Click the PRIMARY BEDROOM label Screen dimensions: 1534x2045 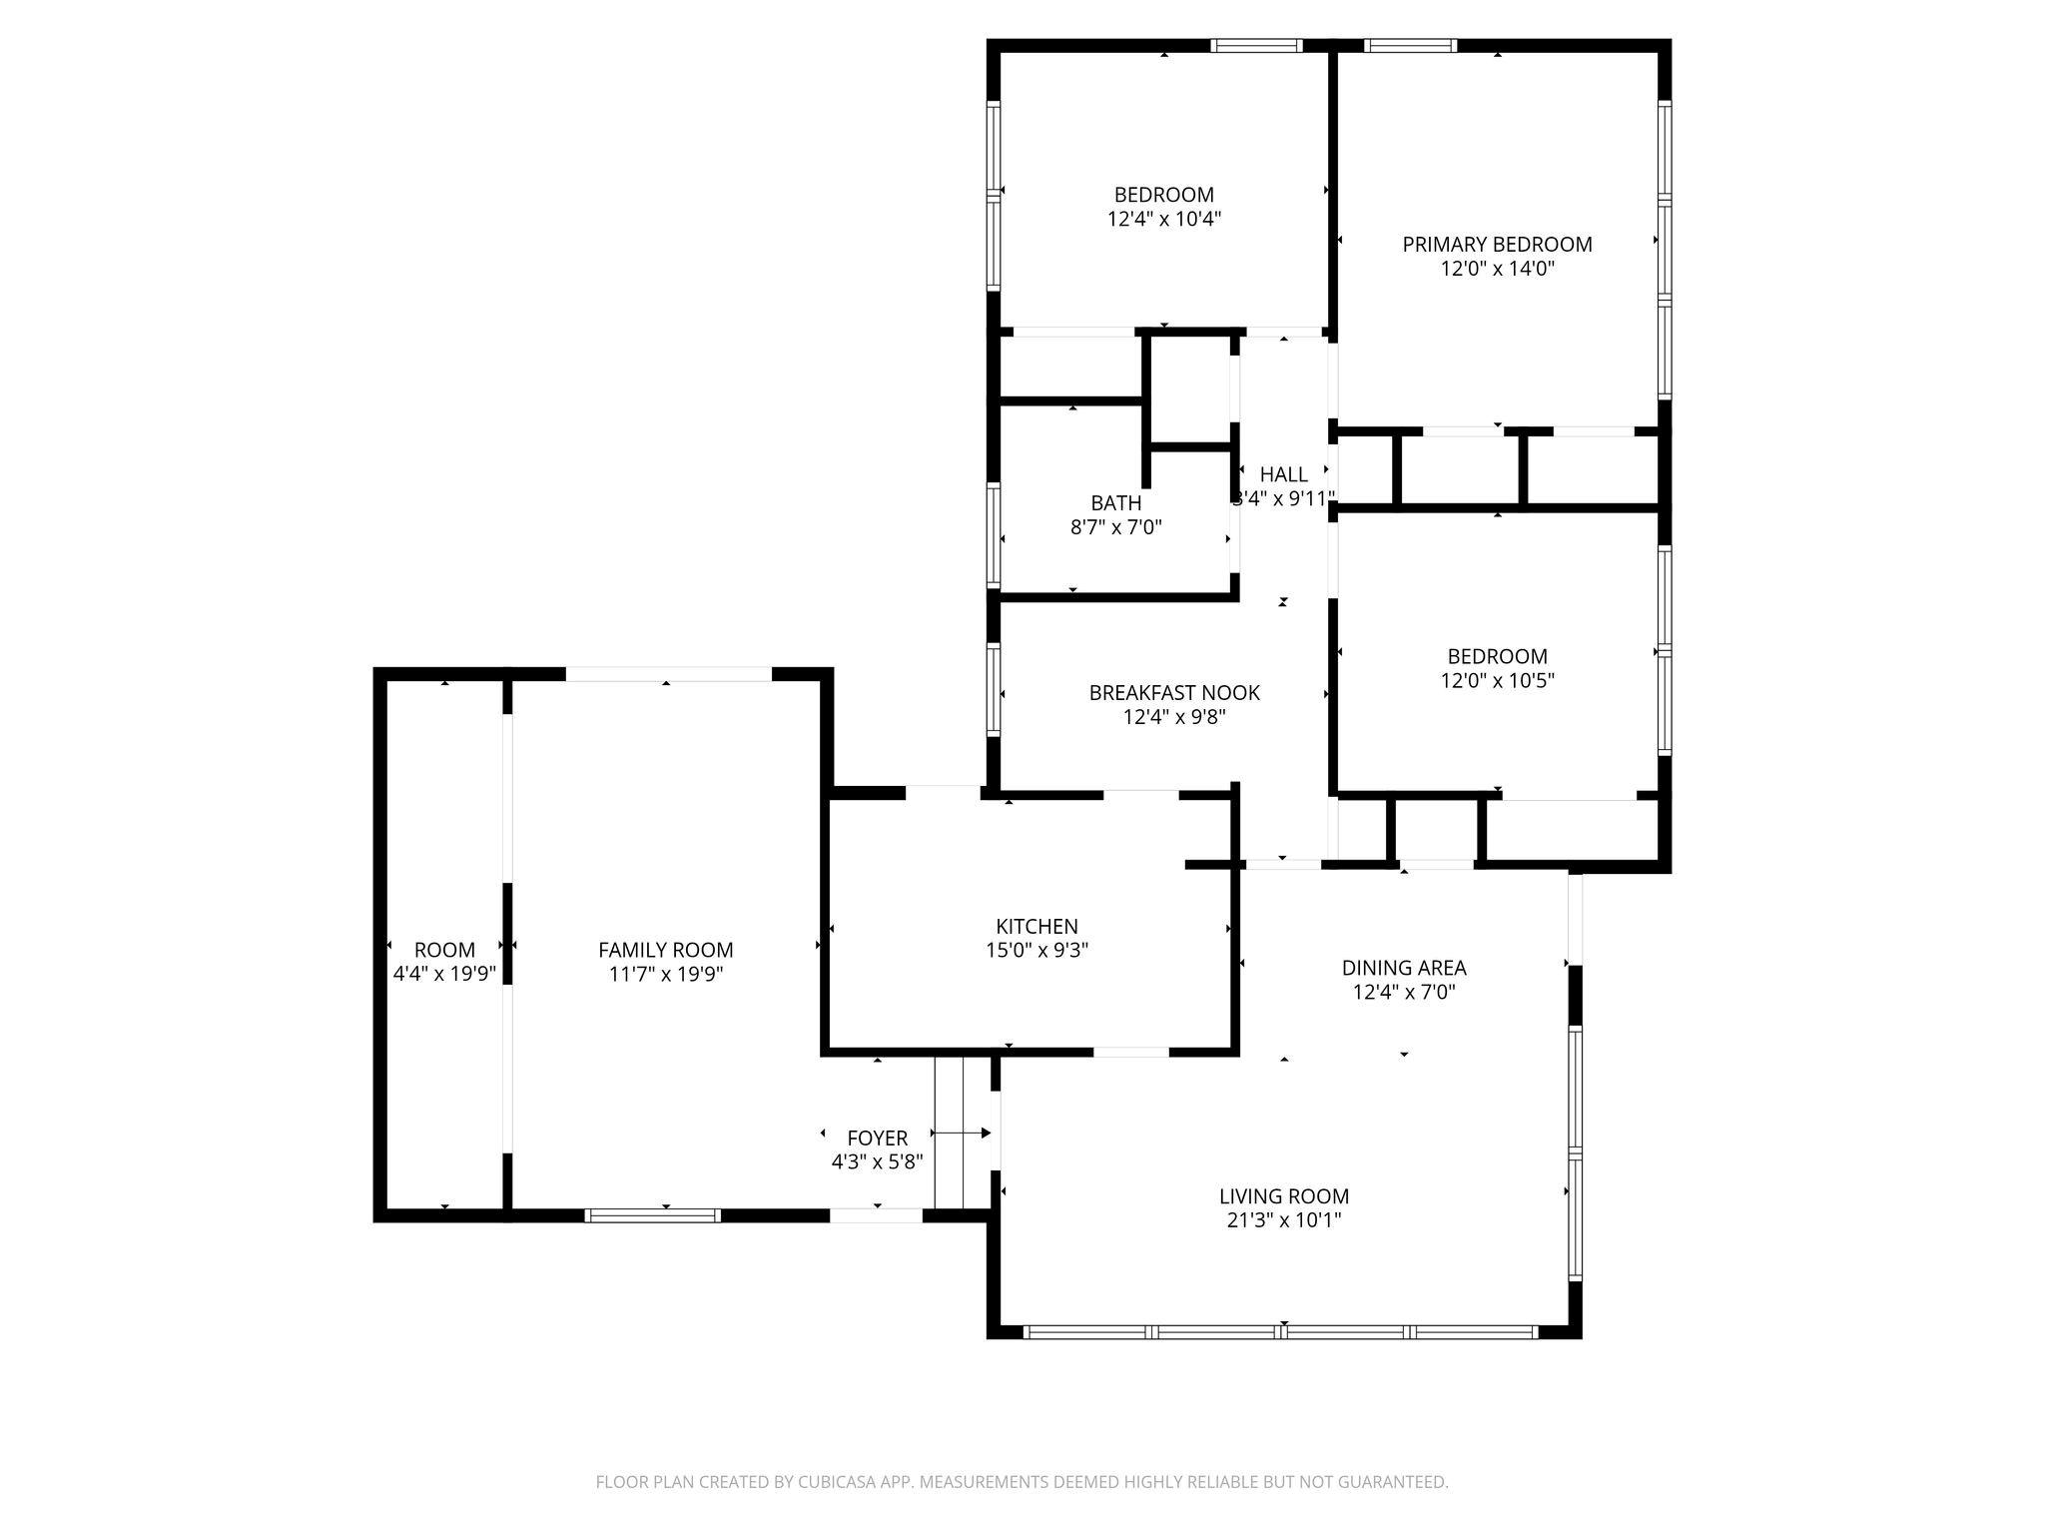coord(1496,245)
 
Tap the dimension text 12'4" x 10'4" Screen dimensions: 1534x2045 coord(1164,219)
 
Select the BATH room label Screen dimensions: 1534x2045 coord(1115,503)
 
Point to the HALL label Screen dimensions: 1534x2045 coord(1283,474)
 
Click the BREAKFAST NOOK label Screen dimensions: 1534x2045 coord(1174,692)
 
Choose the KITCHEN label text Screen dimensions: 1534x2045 coord(1036,926)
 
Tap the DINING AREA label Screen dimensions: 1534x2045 coord(1403,968)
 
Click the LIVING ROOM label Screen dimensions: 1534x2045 coord(1283,1196)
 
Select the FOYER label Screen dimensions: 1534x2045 coord(877,1139)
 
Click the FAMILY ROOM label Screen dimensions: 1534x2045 coord(665,950)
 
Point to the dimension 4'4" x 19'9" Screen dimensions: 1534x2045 coord(444,975)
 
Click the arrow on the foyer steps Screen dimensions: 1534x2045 coord(962,1133)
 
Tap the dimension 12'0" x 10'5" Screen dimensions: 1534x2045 coord(1497,681)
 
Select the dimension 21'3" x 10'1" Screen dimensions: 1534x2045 coord(1283,1220)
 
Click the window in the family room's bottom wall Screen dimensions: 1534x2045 coord(652,1215)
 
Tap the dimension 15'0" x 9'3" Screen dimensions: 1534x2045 coord(1036,951)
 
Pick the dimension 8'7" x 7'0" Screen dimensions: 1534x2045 coord(1115,527)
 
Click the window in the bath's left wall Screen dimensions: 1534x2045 coord(994,535)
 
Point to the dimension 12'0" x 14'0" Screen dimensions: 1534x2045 coord(1497,269)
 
